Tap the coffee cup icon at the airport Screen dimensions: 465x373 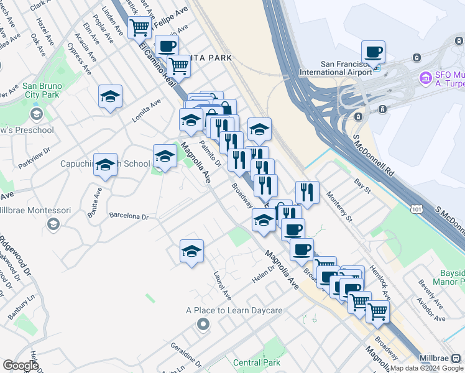coord(373,52)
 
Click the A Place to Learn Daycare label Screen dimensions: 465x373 coord(234,310)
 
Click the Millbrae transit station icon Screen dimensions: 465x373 coord(457,358)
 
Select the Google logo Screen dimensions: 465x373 coord(21,366)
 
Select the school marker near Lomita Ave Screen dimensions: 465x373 coord(110,97)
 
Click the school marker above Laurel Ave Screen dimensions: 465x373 coord(191,251)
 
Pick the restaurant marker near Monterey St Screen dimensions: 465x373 coord(306,192)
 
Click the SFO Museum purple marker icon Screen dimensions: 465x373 coord(426,78)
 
